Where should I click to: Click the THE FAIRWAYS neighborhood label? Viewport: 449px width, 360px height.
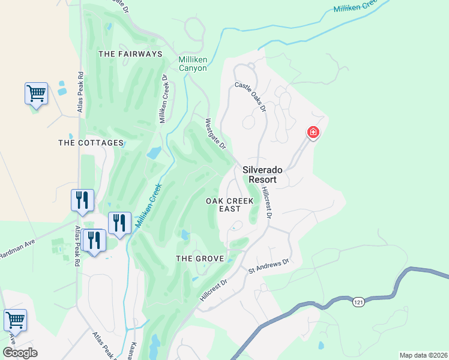(130, 54)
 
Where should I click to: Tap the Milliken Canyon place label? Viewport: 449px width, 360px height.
(193, 64)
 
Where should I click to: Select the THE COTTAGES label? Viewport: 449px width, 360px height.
(91, 143)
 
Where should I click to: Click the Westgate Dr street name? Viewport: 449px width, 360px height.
(215, 134)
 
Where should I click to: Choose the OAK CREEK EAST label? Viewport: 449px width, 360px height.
(230, 205)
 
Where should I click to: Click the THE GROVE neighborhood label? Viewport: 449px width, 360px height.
(199, 259)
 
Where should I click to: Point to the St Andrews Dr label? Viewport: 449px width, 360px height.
(269, 267)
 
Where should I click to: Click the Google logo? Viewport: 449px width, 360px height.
(20, 353)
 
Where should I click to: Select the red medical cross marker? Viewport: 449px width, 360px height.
(313, 132)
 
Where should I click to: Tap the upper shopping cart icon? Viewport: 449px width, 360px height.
(36, 94)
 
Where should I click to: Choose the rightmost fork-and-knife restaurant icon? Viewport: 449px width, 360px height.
(119, 223)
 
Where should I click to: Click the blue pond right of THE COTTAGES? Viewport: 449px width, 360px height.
(154, 152)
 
